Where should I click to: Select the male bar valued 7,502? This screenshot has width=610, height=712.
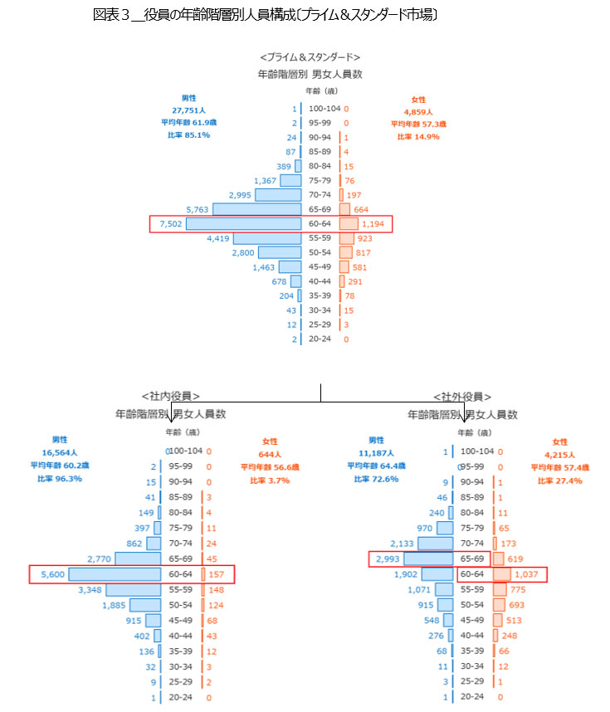click(x=243, y=224)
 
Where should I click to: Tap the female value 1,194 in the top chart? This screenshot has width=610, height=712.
click(x=375, y=224)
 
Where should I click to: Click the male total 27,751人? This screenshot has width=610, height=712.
click(x=190, y=110)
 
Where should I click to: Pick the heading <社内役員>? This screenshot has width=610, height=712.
click(x=171, y=396)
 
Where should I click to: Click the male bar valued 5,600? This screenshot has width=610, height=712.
click(x=115, y=574)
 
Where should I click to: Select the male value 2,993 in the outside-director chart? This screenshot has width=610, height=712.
click(x=388, y=558)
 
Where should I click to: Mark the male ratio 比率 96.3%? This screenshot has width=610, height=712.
click(x=60, y=479)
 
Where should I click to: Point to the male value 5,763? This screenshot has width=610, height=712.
click(x=197, y=209)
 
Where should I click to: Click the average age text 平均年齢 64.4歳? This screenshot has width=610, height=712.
click(x=377, y=466)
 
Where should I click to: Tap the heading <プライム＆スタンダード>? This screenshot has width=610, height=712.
click(x=310, y=57)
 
